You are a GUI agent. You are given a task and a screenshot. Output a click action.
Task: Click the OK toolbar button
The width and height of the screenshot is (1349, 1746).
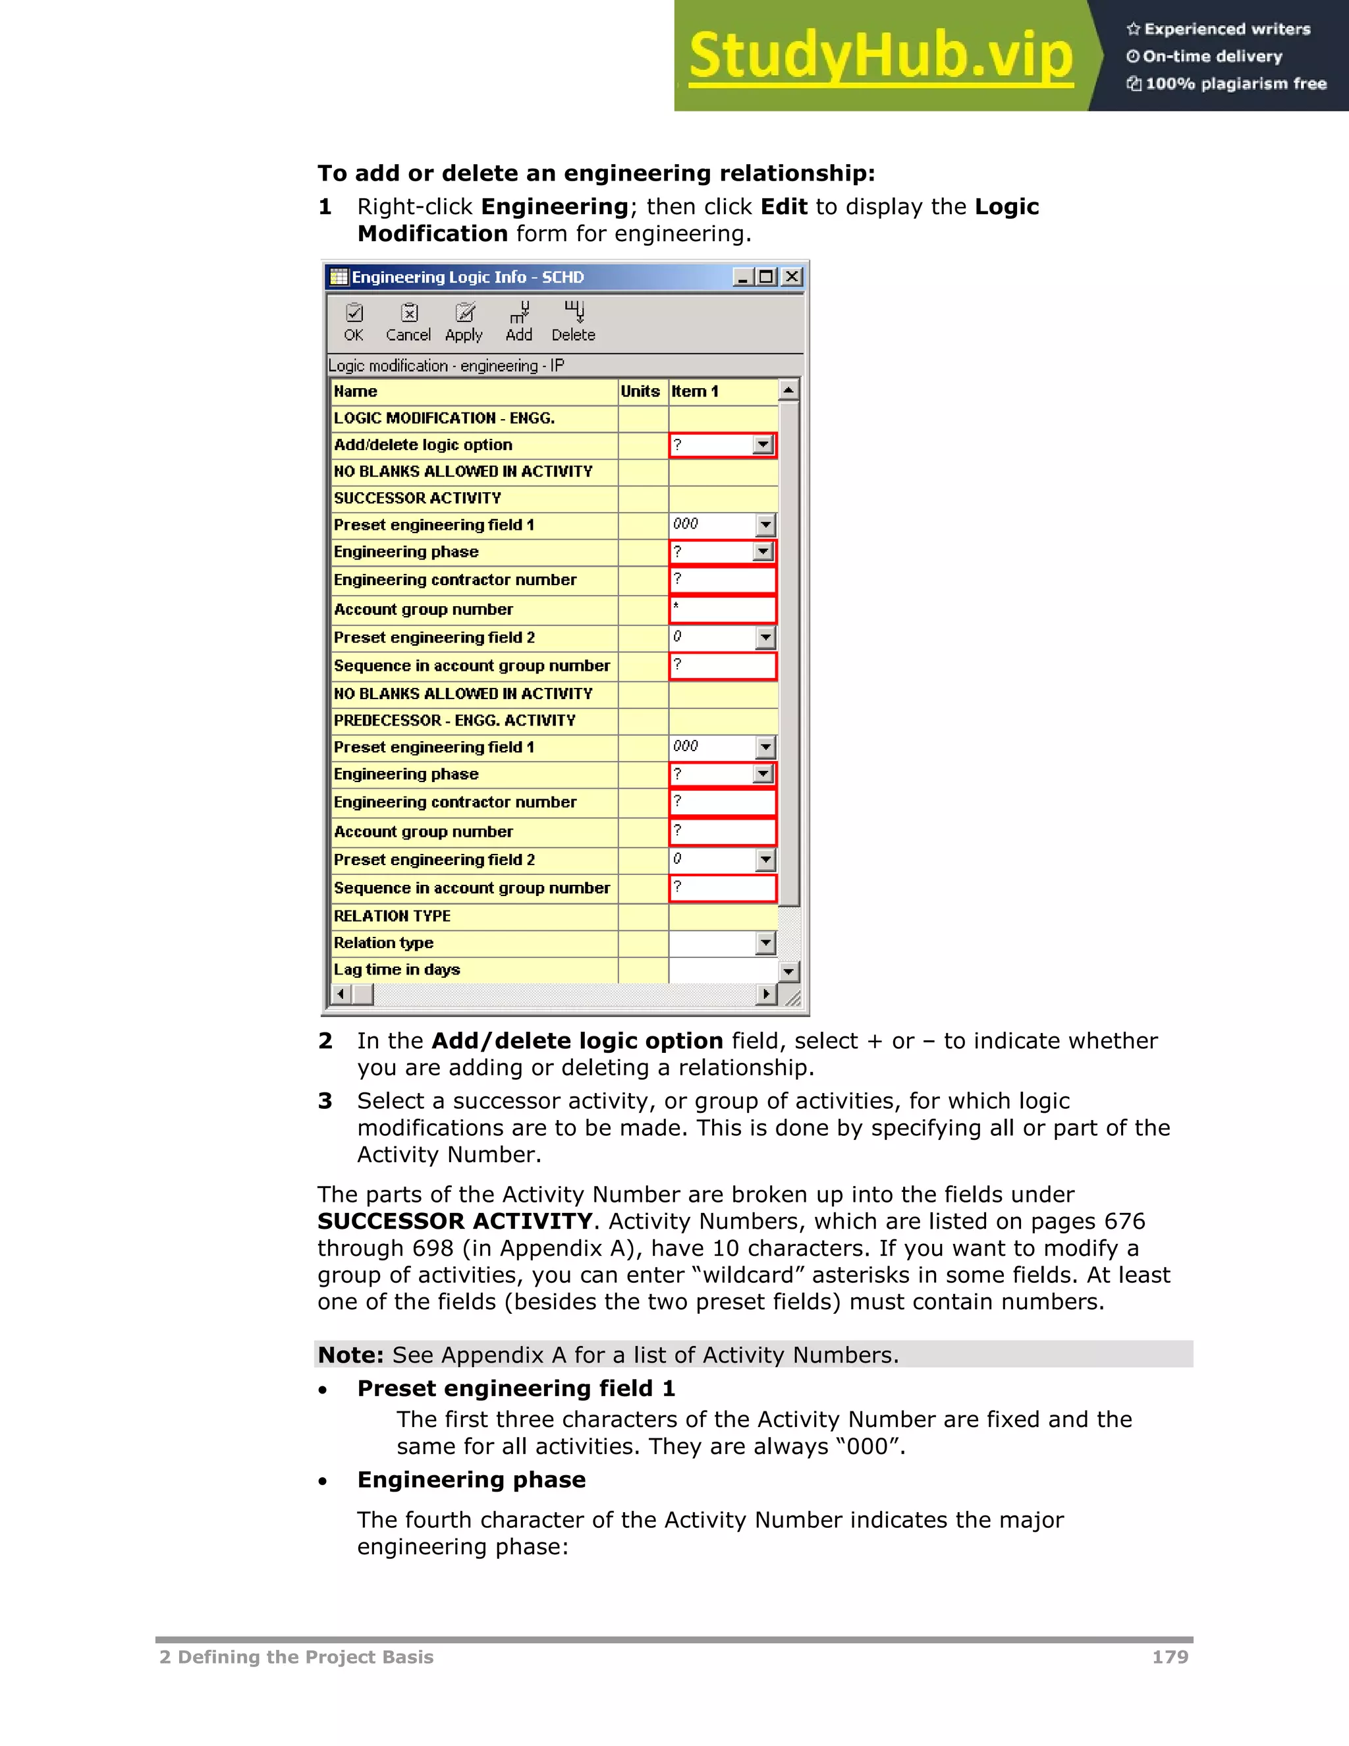(x=353, y=322)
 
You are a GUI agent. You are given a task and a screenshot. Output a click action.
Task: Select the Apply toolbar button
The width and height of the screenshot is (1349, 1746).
(x=464, y=322)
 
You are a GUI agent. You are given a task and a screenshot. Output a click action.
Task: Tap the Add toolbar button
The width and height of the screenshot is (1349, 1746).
(x=518, y=322)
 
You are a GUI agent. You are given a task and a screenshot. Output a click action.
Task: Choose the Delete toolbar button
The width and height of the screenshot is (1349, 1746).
(x=573, y=322)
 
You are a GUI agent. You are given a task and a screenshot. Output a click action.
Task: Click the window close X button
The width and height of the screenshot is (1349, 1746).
(x=792, y=277)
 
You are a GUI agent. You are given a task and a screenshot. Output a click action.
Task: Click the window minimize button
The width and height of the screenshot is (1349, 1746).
(x=743, y=277)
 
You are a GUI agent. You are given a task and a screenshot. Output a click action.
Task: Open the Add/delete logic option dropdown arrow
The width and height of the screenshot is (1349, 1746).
(x=764, y=445)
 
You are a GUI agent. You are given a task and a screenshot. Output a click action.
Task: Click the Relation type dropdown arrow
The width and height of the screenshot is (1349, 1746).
(x=765, y=943)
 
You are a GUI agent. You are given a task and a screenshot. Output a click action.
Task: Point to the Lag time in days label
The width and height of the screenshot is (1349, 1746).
(x=397, y=970)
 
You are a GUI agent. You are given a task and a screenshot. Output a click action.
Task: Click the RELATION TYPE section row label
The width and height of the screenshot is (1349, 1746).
(x=393, y=916)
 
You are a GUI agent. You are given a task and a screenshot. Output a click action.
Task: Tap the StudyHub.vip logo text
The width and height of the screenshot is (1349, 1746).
(x=880, y=56)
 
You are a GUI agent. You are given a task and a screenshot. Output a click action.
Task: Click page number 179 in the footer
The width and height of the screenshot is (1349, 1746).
(x=1170, y=1657)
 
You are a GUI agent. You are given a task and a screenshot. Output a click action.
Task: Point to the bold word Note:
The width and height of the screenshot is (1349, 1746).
(x=351, y=1355)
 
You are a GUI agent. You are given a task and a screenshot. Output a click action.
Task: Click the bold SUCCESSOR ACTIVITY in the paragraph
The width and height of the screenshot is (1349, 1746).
(x=454, y=1222)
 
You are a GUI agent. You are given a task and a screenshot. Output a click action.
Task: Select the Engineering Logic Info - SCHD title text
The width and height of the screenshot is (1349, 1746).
(x=468, y=277)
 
